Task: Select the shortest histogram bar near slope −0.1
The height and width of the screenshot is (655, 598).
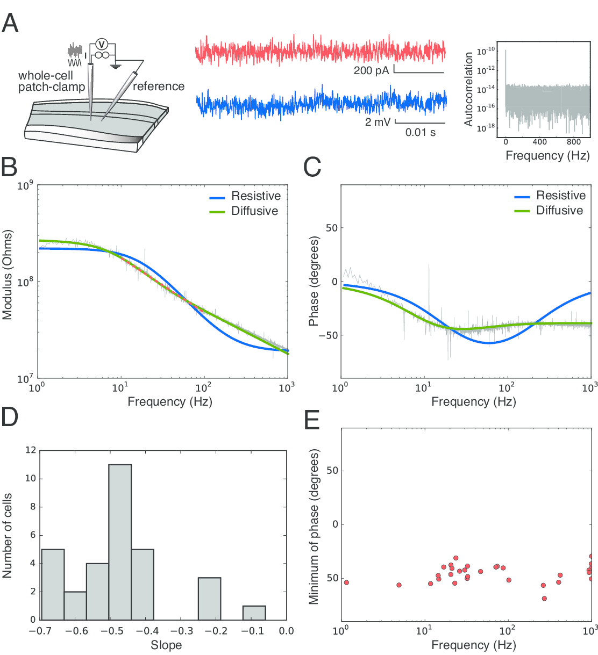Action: [254, 613]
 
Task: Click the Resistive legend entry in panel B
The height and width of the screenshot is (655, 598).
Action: [255, 196]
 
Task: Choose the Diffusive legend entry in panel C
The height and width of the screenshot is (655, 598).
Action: [559, 211]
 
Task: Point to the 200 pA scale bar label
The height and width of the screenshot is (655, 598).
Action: [371, 70]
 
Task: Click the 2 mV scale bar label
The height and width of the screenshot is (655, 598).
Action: [378, 122]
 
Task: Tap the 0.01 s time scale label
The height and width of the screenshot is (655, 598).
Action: [421, 132]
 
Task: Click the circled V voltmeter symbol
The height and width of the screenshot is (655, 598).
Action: [101, 44]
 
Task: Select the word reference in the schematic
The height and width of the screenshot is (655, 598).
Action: [158, 87]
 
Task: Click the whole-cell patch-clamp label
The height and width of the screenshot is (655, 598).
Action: [51, 81]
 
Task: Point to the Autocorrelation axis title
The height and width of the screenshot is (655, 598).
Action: [469, 89]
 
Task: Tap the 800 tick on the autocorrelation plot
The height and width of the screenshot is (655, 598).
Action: [573, 142]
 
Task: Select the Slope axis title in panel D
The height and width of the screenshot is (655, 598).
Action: [166, 645]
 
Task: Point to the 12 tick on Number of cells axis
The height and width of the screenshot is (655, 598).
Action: [31, 450]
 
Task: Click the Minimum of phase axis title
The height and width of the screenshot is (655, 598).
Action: [314, 527]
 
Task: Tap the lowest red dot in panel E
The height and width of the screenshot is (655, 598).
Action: [544, 598]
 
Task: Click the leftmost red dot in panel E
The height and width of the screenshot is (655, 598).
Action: [346, 582]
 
